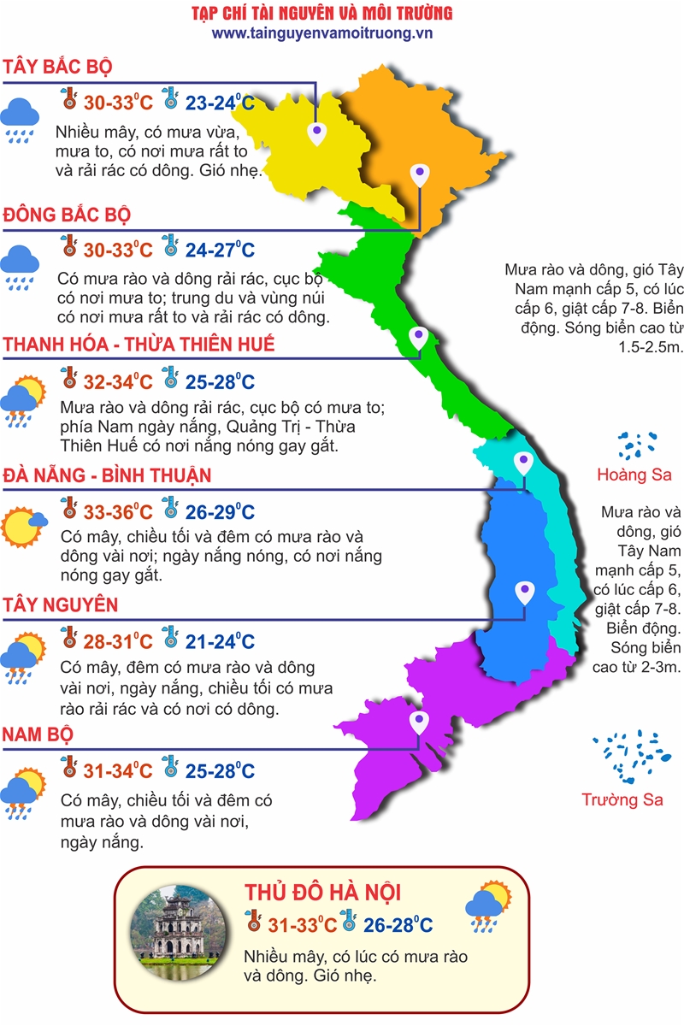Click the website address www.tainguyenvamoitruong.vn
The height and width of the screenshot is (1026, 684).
tap(322, 32)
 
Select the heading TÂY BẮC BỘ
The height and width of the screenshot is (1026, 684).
tap(58, 68)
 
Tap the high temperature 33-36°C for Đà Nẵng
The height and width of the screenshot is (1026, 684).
tap(118, 512)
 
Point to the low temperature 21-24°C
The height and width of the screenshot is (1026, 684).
tap(220, 641)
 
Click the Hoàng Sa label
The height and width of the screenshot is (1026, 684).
tap(634, 475)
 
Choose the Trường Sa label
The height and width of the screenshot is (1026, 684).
tap(622, 799)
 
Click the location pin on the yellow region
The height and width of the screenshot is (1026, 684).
tap(317, 132)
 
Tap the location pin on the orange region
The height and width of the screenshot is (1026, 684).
tap(418, 174)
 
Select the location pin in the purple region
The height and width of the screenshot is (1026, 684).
tap(418, 722)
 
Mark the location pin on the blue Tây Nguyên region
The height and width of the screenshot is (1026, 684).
tap(524, 590)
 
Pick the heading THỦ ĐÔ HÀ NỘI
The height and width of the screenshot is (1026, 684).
tap(322, 893)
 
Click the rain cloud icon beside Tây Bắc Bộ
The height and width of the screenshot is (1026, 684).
tap(19, 117)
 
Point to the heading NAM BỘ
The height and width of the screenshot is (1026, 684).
tap(38, 734)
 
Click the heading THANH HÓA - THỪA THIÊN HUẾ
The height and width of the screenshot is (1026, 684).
tap(139, 344)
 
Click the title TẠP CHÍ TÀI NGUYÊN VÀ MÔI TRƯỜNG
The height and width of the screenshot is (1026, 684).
tap(322, 13)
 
